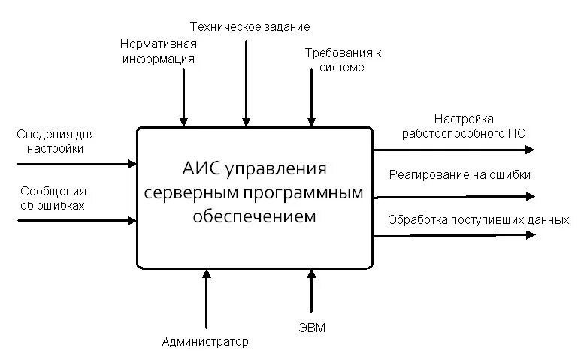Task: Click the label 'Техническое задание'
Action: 250,27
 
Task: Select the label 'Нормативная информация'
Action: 159,51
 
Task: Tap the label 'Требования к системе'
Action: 343,60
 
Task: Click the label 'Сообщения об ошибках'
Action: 53,198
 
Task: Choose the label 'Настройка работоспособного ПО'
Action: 463,126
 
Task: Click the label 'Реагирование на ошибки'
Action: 459,174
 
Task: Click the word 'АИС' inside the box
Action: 199,166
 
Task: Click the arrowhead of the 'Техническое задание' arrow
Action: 246,121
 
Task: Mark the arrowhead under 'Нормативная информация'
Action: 182,121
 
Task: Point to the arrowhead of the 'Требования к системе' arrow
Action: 311,121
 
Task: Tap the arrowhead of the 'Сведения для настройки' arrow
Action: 132,163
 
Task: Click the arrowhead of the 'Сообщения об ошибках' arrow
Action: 132,220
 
